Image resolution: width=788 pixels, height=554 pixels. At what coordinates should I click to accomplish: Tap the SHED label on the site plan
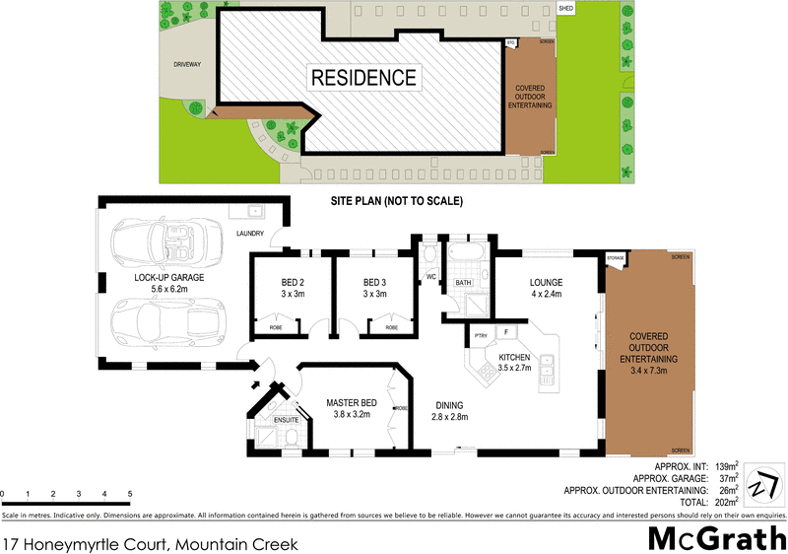(x=565, y=8)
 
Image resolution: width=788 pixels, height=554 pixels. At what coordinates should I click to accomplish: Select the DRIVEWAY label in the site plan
(x=186, y=64)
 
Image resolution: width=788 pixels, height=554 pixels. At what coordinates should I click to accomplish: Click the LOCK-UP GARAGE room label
(x=168, y=278)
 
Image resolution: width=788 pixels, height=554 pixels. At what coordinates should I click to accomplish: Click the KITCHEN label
(x=514, y=357)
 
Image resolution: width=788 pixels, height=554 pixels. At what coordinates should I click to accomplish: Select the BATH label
(x=463, y=284)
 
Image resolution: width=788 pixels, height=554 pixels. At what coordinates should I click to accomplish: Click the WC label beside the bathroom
(x=431, y=277)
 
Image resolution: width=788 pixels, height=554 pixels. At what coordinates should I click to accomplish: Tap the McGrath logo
(x=716, y=537)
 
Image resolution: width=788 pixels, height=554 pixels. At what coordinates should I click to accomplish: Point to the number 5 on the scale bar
(x=130, y=493)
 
